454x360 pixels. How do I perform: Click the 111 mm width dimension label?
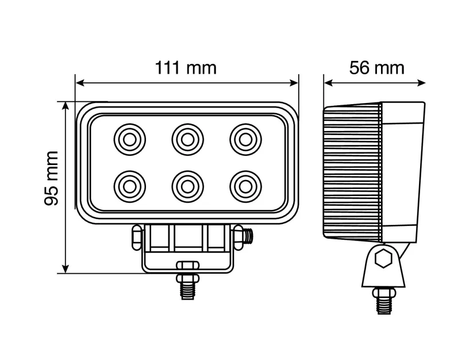pos(186,68)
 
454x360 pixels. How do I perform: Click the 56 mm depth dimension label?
pos(376,68)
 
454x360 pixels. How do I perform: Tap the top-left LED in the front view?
pos(129,139)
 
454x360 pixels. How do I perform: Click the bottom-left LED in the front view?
pos(129,186)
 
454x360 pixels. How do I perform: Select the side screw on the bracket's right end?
pos(249,235)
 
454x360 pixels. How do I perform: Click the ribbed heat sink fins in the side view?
pos(352,173)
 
